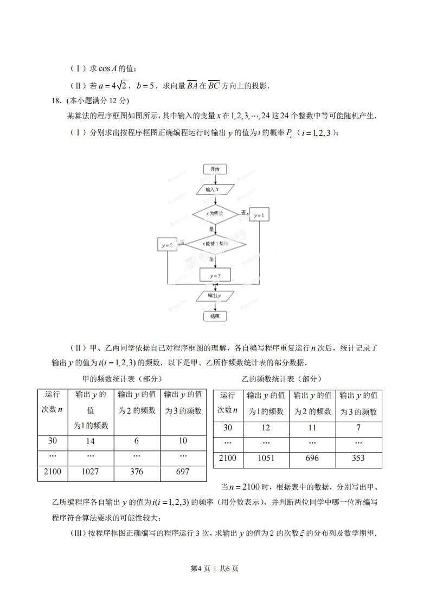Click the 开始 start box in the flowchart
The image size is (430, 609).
click(x=215, y=169)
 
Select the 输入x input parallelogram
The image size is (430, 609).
click(x=215, y=189)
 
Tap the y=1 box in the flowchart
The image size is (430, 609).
click(x=259, y=215)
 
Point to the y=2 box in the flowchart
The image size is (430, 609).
click(x=167, y=245)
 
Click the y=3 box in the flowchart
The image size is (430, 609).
click(x=215, y=276)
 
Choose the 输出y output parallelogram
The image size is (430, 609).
click(x=215, y=296)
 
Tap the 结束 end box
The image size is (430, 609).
click(x=215, y=316)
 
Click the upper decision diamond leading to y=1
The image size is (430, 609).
click(x=215, y=214)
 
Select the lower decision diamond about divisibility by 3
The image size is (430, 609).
click(x=215, y=245)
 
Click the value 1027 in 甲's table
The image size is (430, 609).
click(x=91, y=472)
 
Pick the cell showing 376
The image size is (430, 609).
click(x=137, y=472)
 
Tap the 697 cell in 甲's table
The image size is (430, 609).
click(x=183, y=472)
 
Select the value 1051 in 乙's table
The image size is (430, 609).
click(x=266, y=458)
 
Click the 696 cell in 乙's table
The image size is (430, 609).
click(x=312, y=458)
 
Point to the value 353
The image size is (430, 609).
click(x=358, y=458)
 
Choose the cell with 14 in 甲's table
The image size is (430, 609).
click(x=91, y=441)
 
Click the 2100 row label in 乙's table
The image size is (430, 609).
click(x=228, y=458)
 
